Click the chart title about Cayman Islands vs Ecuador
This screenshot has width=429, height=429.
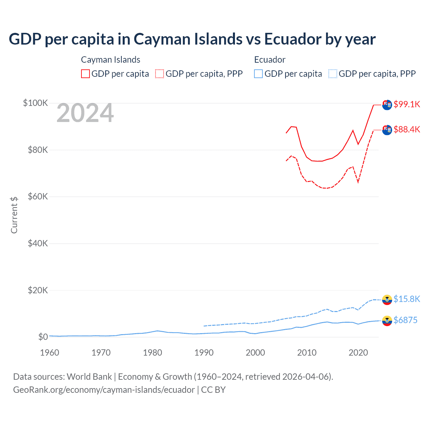point(192,39)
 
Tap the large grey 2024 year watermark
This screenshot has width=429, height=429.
point(85,113)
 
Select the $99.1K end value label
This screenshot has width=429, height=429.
point(407,104)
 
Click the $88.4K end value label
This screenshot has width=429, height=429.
point(407,129)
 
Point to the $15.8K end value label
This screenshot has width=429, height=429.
point(407,299)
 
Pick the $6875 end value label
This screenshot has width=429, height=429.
point(405,320)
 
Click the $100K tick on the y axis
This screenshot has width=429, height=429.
point(36,103)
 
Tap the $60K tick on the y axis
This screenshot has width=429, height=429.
point(38,196)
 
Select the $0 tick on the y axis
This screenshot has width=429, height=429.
point(43,337)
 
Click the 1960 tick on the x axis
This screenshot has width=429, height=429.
point(50,353)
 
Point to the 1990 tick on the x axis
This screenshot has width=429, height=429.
point(204,353)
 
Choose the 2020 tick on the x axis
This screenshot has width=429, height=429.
point(358,353)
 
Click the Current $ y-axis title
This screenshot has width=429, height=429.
point(14,215)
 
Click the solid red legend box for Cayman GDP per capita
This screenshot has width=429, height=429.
point(85,74)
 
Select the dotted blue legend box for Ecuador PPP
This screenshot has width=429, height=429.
point(333,74)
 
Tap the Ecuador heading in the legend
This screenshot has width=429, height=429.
point(270,60)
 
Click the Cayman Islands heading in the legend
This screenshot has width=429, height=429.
point(111,60)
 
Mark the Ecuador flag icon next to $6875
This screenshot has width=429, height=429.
point(387,321)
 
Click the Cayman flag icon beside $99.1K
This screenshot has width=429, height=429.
point(387,105)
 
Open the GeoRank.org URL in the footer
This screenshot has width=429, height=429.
point(104,390)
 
